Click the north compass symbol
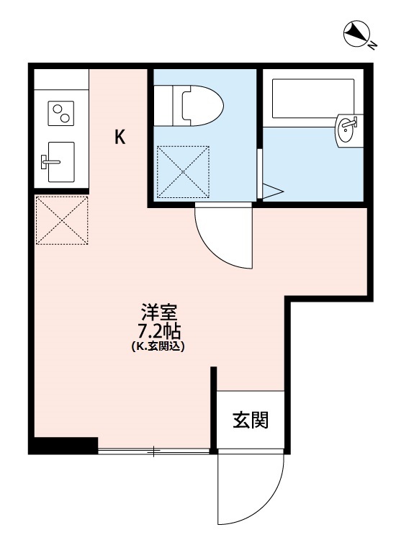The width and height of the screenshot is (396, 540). [355, 33]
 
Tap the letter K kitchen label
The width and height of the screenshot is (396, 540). [120, 137]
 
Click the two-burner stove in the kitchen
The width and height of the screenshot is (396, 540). [61, 113]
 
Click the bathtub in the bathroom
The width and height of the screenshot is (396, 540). [312, 97]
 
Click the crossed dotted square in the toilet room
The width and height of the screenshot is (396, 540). [183, 171]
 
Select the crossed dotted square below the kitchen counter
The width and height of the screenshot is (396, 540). [61, 220]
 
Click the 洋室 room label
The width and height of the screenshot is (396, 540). [158, 314]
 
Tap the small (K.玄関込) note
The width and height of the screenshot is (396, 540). [158, 346]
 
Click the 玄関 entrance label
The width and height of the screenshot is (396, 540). [251, 420]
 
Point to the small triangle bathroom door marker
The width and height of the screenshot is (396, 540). [272, 192]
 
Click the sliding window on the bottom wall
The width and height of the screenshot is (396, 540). [153, 451]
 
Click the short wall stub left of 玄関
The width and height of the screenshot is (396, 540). [214, 407]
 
